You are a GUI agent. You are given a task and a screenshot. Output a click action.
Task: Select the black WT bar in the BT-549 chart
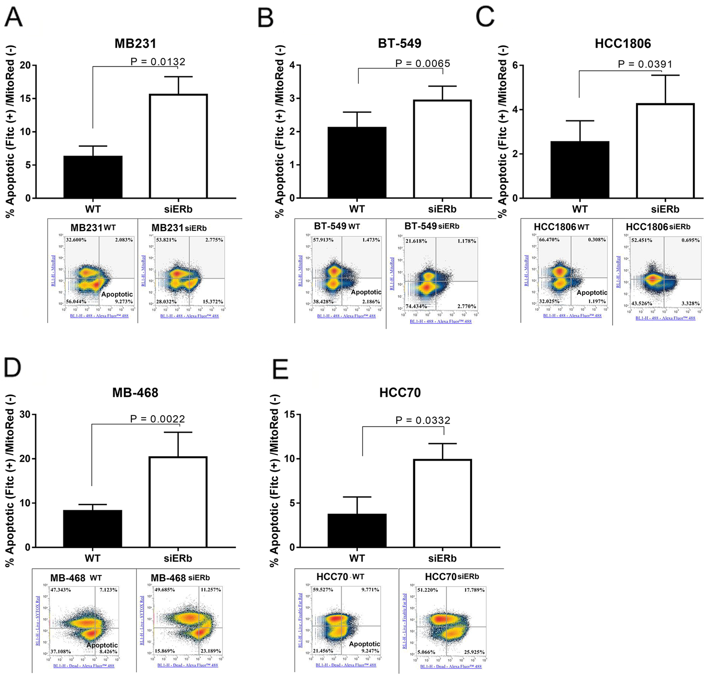coord(357,162)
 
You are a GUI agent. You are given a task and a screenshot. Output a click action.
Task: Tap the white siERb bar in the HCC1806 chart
coord(665,151)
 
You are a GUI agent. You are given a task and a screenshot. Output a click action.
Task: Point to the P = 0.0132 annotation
coord(158,62)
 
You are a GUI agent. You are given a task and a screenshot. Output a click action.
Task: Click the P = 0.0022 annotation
coord(157,419)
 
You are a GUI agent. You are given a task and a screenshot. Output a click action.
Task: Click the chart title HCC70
coord(400,392)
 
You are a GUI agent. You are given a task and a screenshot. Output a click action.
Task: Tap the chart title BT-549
coord(399,43)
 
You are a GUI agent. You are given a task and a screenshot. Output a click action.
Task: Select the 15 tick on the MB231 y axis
coord(25,98)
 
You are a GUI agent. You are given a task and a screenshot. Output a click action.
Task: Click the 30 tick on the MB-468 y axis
coord(24,415)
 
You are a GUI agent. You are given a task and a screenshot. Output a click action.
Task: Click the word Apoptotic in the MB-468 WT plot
coord(102,645)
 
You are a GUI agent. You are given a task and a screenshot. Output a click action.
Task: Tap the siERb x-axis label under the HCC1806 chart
coord(665,209)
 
